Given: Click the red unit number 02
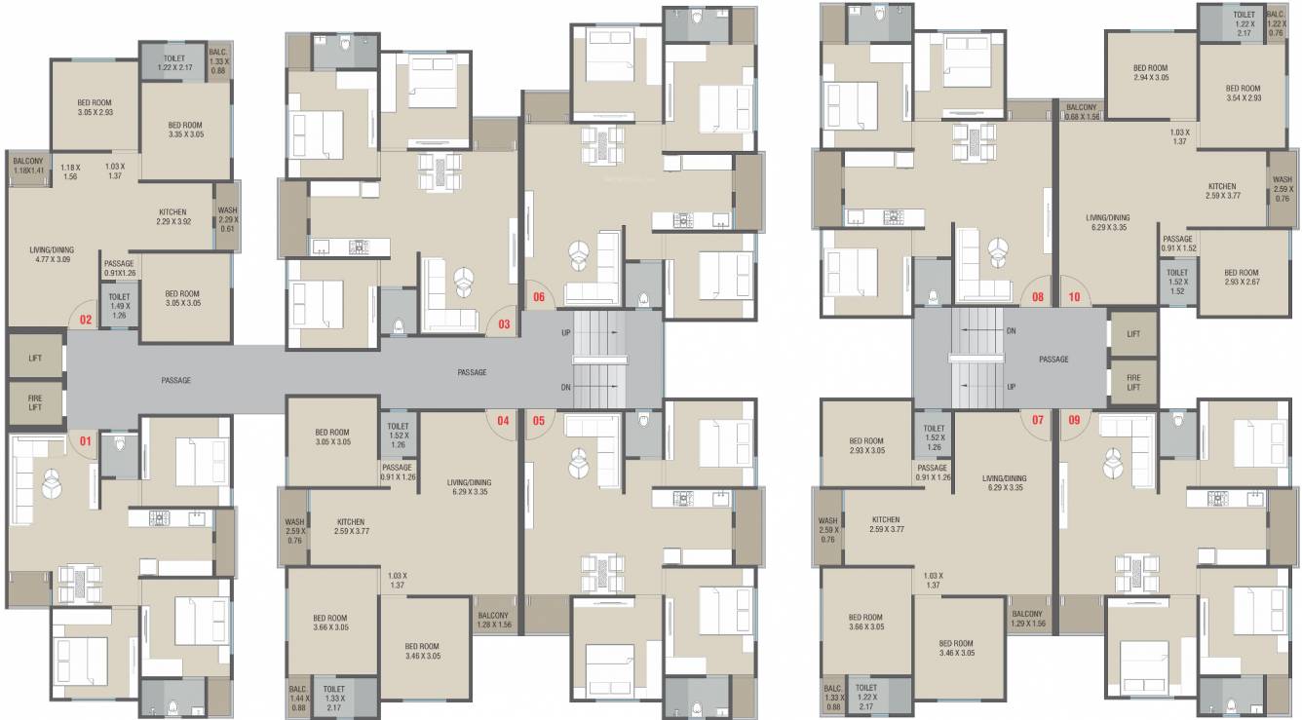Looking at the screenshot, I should pos(86,319).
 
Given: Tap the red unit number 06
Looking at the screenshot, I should pos(537,296).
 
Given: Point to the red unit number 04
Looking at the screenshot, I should pos(503,421).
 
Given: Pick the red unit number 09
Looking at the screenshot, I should pos(1075,421).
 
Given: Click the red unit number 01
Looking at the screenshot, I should pos(86,441).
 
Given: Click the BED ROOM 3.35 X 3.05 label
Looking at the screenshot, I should pos(185,130).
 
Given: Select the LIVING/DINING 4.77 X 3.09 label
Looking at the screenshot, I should pos(53,255).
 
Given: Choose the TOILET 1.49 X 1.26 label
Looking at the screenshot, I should pos(120,306).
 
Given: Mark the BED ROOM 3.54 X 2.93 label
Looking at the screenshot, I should pos(1243,93).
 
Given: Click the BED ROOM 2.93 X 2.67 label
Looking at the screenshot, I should pos(1241,278).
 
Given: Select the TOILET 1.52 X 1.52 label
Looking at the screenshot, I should pos(1177,282).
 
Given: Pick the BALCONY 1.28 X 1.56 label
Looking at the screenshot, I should pos(493,620).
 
